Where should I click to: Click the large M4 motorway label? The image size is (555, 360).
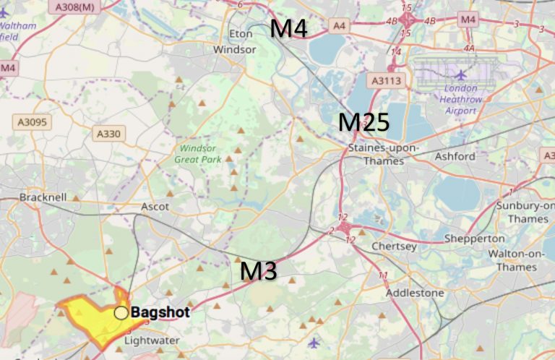click(288, 30)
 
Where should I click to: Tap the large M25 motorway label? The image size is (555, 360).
click(364, 123)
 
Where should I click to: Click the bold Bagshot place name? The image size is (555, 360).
click(160, 313)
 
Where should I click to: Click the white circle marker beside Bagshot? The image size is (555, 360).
click(121, 313)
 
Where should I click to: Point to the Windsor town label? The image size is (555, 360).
click(234, 50)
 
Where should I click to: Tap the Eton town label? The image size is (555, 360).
click(241, 34)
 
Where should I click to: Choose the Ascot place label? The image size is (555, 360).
click(155, 207)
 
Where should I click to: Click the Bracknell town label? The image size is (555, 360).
click(43, 197)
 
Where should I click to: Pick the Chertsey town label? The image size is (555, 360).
click(394, 247)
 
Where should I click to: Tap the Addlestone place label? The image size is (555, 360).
click(415, 293)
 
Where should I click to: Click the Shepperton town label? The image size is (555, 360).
click(474, 239)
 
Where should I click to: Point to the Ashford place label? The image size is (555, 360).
click(455, 156)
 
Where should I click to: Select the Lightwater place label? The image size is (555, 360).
click(151, 340)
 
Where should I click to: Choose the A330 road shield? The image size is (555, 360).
click(110, 133)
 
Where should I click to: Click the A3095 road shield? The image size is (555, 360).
click(30, 122)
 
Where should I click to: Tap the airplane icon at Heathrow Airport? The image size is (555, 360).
click(461, 74)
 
